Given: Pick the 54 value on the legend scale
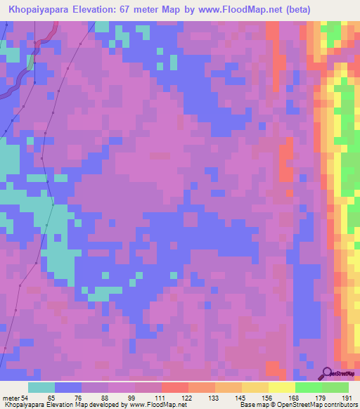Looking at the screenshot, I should (25, 398).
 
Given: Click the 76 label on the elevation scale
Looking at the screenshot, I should (77, 398).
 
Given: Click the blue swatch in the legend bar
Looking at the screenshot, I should (67, 388).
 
